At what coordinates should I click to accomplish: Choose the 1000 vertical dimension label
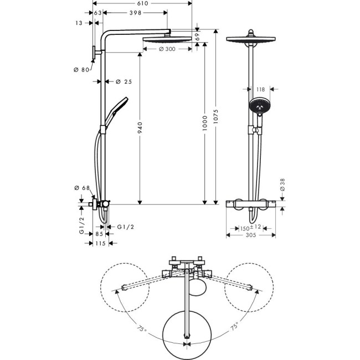pos(204,123)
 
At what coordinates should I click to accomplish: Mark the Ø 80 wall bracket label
pos(81,70)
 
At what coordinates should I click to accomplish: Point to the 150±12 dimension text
pos(251,228)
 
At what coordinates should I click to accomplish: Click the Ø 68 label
pos(82,188)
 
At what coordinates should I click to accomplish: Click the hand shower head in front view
pos(258,105)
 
